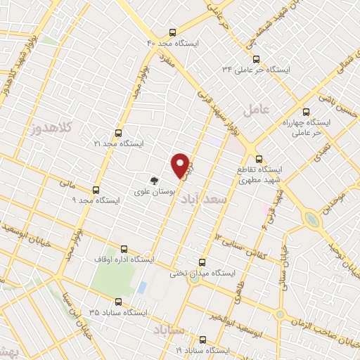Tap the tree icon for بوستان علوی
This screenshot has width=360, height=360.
click(x=155, y=180)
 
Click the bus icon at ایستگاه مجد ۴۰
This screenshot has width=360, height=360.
click(x=173, y=33)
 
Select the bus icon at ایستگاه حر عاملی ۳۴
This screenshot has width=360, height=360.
click(x=256, y=59)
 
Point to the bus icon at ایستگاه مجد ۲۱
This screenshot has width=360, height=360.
click(x=117, y=132)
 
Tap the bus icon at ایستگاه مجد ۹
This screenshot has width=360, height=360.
click(x=96, y=190)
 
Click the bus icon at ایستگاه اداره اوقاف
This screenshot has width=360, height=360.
click(x=124, y=249)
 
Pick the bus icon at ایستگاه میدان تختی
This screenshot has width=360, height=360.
click(x=203, y=262)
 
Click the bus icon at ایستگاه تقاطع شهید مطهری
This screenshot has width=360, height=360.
click(x=259, y=159)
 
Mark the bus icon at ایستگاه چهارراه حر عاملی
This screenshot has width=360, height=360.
click(x=305, y=111)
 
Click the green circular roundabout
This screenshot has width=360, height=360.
click(x=310, y=220)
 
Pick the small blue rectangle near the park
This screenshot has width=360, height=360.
click(x=141, y=288)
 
